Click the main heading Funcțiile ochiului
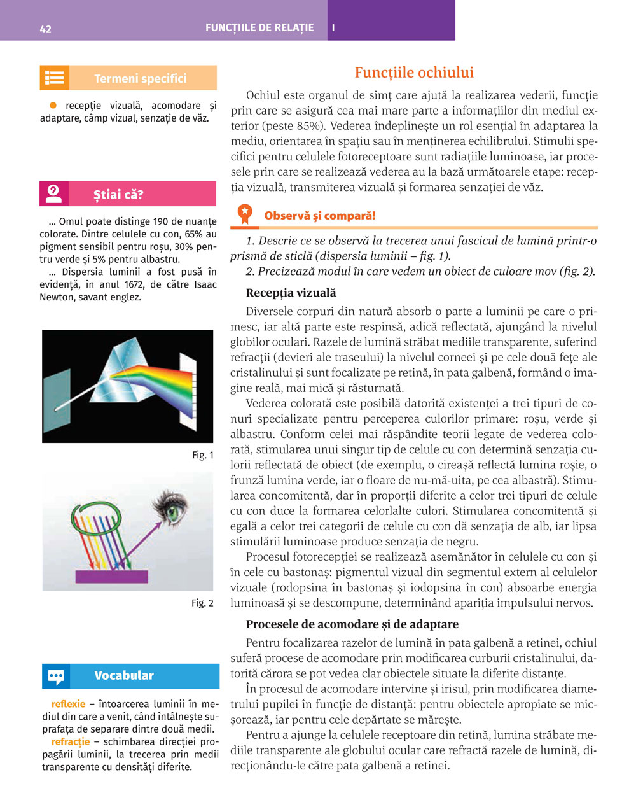pos(414,73)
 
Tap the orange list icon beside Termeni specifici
pos(54,78)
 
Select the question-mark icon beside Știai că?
pos(54,193)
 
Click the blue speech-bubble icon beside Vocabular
pos(56,677)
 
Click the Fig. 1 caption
pos(202,455)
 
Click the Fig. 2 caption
pos(202,603)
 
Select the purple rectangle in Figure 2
pos(111,577)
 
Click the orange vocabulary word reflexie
pos(68,704)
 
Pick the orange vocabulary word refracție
pos(71,742)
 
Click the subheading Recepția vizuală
pos(291,293)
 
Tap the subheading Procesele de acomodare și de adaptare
pos(352,624)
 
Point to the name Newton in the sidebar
pos(57,297)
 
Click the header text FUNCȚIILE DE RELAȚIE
pos(259,28)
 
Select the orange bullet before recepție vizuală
pos(54,105)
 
